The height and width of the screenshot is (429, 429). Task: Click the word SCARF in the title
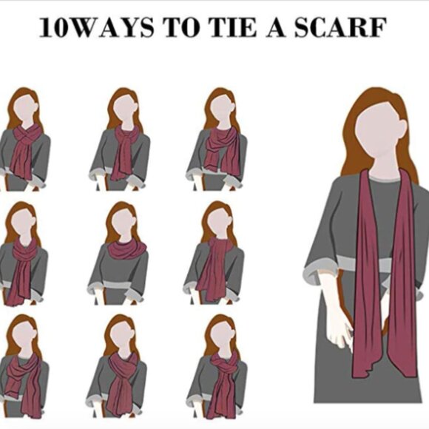[x=340, y=27]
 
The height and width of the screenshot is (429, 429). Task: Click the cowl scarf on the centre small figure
[x=127, y=249]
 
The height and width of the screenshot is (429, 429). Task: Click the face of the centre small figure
[x=124, y=222]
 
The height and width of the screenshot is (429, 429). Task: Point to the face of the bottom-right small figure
[x=223, y=335]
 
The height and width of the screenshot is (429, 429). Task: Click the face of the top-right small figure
[x=223, y=108]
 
